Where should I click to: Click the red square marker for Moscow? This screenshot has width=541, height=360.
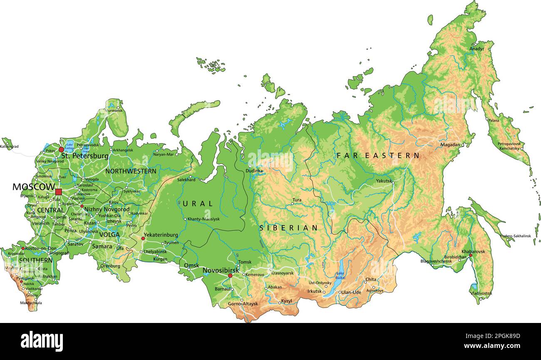[x=58, y=192]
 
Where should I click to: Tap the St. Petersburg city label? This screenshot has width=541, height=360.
[x=84, y=156]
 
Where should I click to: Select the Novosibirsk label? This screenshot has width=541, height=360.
[x=221, y=271]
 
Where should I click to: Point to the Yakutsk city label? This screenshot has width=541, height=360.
[x=384, y=181]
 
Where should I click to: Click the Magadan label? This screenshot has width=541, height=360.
[x=450, y=145]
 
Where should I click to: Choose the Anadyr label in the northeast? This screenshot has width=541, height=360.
[x=477, y=49]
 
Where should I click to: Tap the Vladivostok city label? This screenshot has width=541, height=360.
[x=481, y=293]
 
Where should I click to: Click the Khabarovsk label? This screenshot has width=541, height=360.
[x=473, y=252]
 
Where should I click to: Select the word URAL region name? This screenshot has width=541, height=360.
[x=198, y=204]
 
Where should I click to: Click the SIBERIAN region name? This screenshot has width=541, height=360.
[x=288, y=228]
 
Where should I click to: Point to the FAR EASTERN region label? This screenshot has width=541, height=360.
[x=378, y=156]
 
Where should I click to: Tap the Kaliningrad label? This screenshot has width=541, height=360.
[x=9, y=146]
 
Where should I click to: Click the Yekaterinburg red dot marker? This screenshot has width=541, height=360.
[x=143, y=238]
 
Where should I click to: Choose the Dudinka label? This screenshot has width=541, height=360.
[x=254, y=171]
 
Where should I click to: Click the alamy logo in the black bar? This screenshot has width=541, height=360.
[x=42, y=341]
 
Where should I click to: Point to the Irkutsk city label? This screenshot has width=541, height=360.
[x=314, y=291]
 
